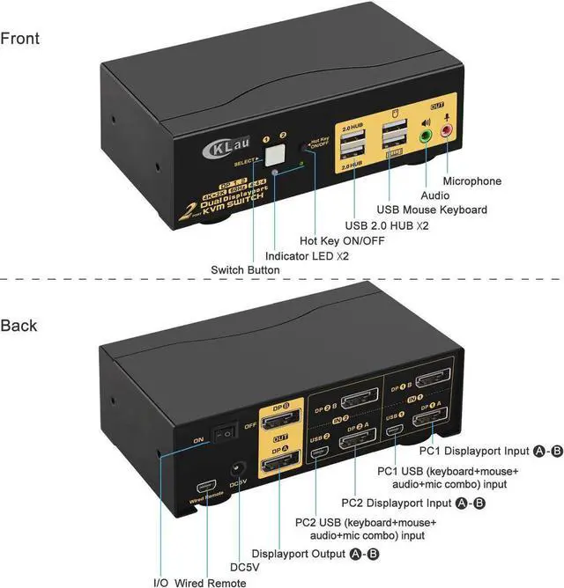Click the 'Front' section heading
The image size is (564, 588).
[x=20, y=39]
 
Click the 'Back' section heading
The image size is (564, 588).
[x=19, y=326]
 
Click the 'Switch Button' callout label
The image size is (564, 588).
[x=246, y=269]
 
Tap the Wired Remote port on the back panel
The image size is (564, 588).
[x=206, y=486]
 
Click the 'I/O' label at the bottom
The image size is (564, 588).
[x=160, y=581]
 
